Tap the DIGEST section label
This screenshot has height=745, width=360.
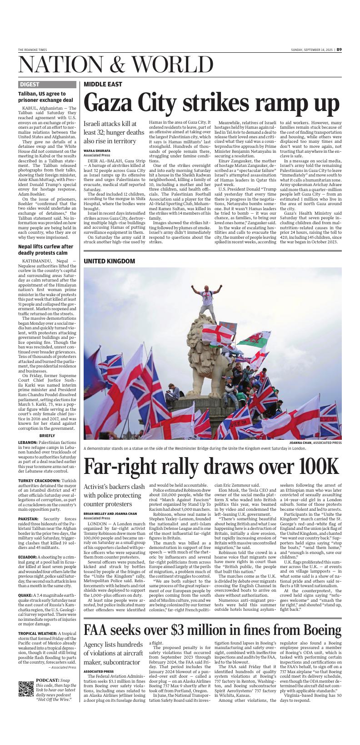pos(30,85)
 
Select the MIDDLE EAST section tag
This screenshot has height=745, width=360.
pos(103,85)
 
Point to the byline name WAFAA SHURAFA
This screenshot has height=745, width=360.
pos(96,150)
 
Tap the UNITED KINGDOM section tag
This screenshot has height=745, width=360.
pos(110,261)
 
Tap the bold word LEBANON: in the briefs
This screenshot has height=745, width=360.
pos(28,442)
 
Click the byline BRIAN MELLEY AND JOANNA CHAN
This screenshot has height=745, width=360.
pos(110,513)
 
